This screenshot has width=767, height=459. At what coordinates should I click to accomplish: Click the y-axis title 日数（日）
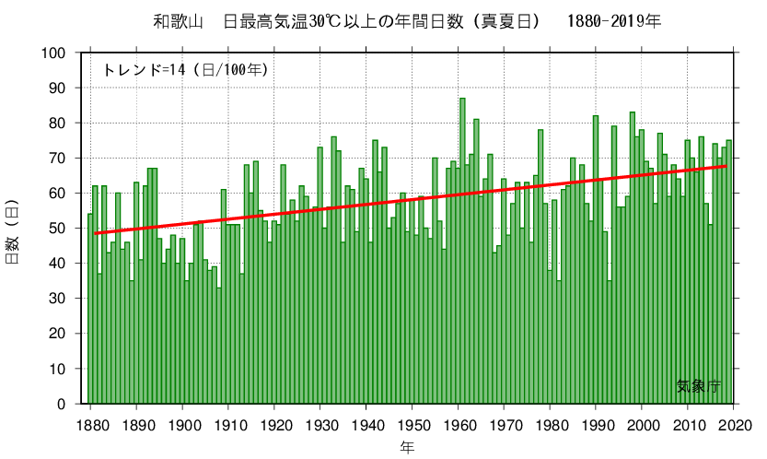point(13,228)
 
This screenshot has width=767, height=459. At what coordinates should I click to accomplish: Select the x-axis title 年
point(407,446)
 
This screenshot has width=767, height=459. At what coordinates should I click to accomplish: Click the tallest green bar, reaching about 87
point(462,249)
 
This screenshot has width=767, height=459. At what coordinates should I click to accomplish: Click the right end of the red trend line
point(727,166)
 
